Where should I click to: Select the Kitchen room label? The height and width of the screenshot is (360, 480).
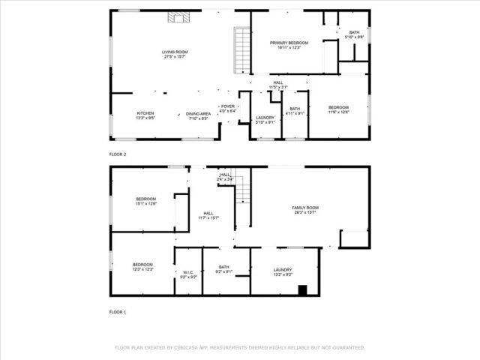pos(145,115)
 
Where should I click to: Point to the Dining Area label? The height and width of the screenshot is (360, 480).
pos(198,115)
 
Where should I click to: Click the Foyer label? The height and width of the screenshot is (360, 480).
pos(227,109)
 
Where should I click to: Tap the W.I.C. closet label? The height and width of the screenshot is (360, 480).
pos(188,274)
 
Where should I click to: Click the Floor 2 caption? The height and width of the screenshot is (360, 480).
pos(118,154)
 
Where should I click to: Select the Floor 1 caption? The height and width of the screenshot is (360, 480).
pos(118,311)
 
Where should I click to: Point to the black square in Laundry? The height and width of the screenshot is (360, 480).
pos(302,290)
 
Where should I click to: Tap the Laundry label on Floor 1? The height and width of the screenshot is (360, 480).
pos(283,271)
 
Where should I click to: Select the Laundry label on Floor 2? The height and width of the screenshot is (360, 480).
pos(265,119)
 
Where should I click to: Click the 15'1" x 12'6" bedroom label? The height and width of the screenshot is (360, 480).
pos(145,201)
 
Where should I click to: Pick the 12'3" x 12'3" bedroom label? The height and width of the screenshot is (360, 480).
pos(143,266)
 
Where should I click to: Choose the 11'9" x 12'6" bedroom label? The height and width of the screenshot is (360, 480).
pos(339,110)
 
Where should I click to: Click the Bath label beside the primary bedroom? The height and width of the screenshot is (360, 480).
pos(354,34)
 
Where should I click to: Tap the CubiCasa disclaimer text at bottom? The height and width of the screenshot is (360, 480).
pos(239,348)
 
